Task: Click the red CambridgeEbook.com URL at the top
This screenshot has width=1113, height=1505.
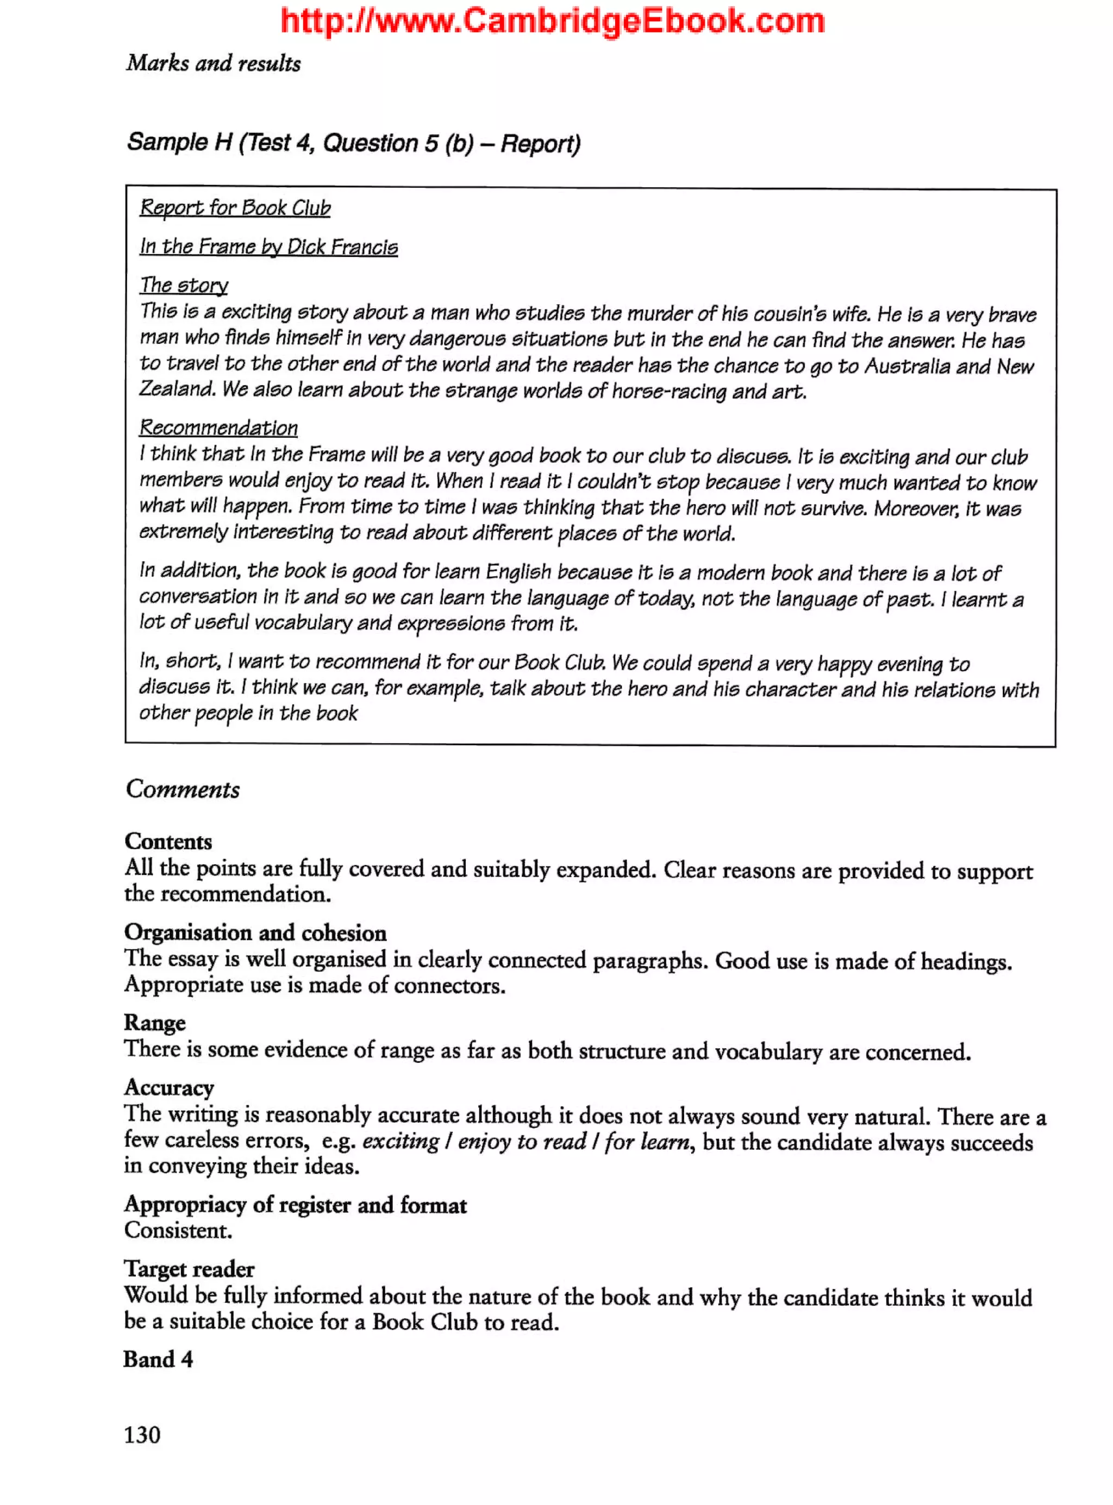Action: click(553, 22)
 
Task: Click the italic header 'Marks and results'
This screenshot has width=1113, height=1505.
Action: click(213, 64)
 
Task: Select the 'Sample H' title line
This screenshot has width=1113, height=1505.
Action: click(353, 143)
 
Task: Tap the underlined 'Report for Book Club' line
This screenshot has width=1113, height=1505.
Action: click(235, 207)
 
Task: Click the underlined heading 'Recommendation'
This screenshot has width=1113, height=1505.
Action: click(218, 427)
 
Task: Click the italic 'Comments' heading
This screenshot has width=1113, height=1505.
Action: click(183, 789)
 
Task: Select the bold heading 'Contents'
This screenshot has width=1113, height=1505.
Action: click(168, 841)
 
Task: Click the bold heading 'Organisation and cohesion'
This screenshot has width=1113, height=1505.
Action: click(255, 933)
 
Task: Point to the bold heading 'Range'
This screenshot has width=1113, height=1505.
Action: click(155, 1022)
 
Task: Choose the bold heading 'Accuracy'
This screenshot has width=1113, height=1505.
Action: click(169, 1087)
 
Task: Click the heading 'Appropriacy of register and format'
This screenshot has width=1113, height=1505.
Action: click(295, 1205)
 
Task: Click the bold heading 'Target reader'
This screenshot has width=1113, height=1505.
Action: click(189, 1269)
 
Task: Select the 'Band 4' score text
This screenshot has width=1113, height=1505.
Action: click(158, 1359)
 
